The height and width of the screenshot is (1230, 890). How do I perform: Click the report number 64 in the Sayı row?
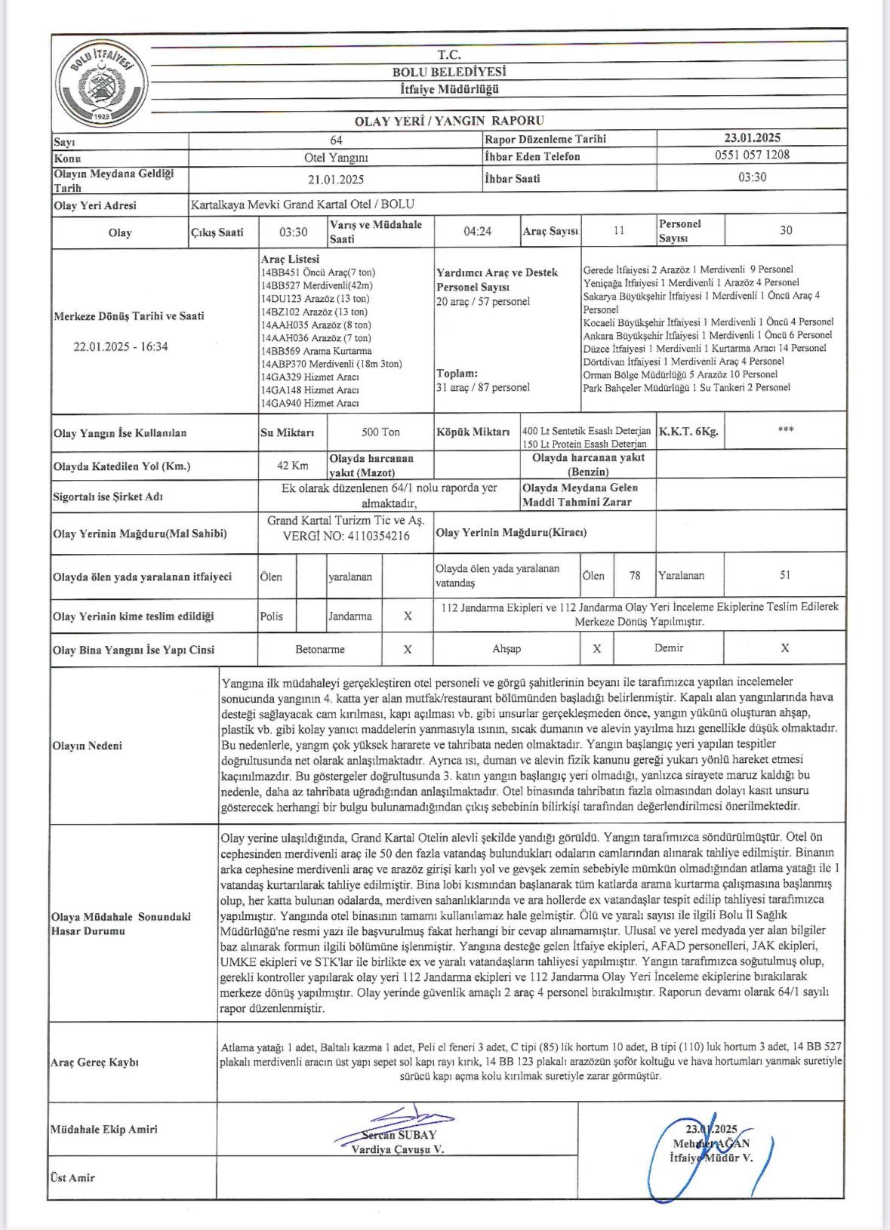click(x=336, y=140)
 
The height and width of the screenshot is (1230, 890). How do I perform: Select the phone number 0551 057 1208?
click(x=752, y=155)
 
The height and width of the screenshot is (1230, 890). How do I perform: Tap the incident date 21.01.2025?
click(x=336, y=180)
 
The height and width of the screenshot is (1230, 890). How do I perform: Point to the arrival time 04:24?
click(x=477, y=231)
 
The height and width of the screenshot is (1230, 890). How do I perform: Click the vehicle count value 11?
click(x=618, y=231)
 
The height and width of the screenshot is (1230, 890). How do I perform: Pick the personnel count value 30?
click(x=785, y=231)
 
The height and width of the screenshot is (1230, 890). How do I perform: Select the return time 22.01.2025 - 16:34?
click(x=121, y=347)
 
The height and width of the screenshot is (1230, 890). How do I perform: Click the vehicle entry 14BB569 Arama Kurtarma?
click(x=316, y=351)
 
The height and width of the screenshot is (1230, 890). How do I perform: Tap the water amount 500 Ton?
click(x=380, y=432)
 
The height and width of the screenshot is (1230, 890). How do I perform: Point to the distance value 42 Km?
click(x=292, y=466)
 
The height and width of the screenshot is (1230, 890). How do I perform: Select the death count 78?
click(x=635, y=576)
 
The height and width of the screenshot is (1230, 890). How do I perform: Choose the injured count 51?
click(x=785, y=575)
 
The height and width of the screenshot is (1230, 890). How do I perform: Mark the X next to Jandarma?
click(x=408, y=616)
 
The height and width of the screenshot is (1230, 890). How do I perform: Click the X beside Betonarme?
click(x=408, y=649)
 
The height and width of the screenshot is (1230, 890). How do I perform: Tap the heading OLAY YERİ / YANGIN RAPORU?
click(x=449, y=121)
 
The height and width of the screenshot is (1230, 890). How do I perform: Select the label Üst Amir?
click(x=72, y=1177)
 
